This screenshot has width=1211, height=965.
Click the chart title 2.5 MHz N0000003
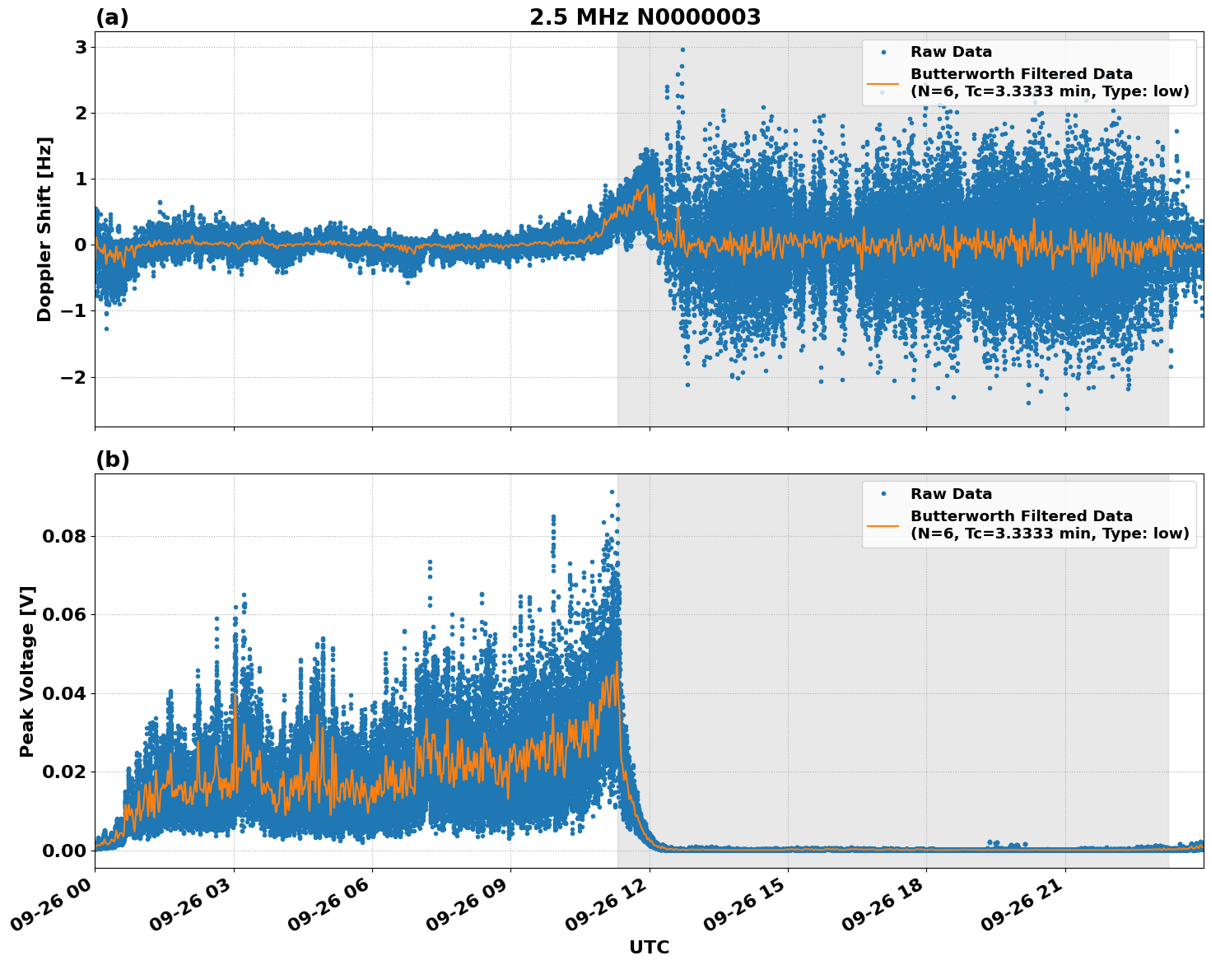click(x=645, y=17)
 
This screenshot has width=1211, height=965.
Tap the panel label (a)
click(x=112, y=17)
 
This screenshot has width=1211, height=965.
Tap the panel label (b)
click(x=112, y=459)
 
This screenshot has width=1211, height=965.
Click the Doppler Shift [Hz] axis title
click(x=44, y=229)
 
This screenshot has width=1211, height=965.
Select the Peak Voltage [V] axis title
click(x=27, y=671)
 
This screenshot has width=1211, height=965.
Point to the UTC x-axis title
click(x=649, y=947)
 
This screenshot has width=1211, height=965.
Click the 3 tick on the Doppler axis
click(x=81, y=47)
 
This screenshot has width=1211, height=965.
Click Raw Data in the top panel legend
click(x=951, y=53)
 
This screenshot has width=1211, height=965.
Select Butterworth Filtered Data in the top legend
click(x=1021, y=74)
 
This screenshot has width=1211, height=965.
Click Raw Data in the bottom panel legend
click(x=951, y=494)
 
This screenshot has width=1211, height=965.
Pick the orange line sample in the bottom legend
click(x=884, y=524)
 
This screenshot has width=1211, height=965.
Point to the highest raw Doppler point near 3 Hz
click(x=682, y=49)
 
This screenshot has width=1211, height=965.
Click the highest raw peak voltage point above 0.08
click(x=612, y=492)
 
